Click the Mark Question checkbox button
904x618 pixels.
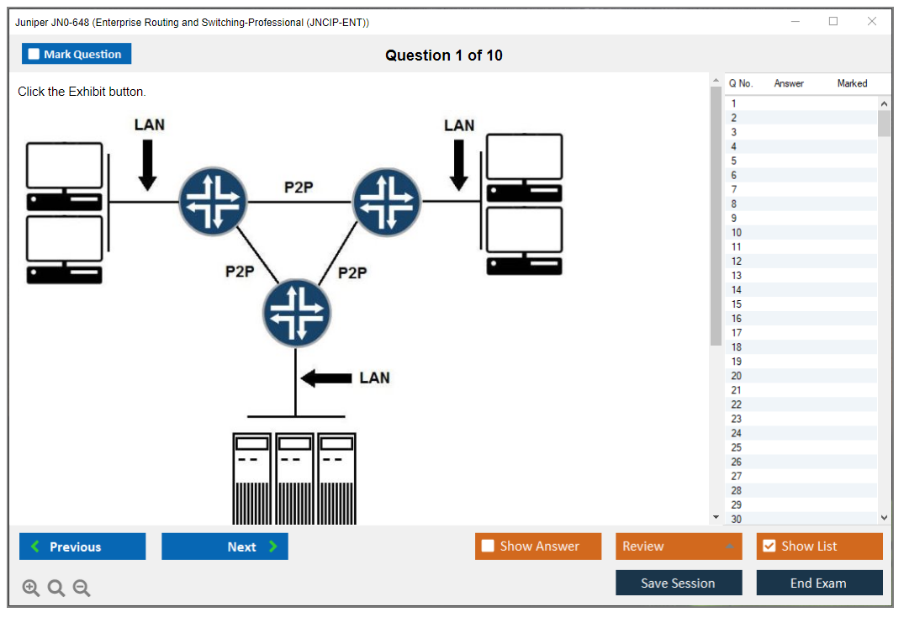(77, 54)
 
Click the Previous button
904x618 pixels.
(82, 547)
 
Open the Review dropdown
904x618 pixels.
(679, 547)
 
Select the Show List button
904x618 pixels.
(819, 547)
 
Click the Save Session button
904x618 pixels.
(679, 583)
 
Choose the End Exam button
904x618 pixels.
(819, 583)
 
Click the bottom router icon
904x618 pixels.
(296, 313)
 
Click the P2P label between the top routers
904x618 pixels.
(299, 188)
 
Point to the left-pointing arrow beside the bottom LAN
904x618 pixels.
(326, 378)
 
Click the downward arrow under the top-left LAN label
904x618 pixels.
(148, 164)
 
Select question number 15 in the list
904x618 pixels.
(737, 304)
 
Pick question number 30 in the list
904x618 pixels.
(737, 519)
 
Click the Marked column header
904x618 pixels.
(852, 83)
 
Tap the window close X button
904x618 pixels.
(872, 22)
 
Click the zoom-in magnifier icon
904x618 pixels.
(31, 589)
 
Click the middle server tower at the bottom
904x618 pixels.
(294, 478)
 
